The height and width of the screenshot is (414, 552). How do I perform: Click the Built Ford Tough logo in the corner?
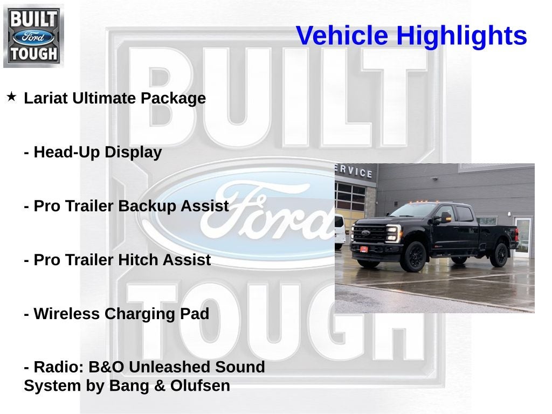(x=33, y=36)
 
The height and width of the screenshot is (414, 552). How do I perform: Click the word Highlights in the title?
(x=461, y=36)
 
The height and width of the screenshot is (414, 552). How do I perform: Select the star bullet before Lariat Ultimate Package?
(x=11, y=97)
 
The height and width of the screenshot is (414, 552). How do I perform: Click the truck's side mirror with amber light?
(x=445, y=217)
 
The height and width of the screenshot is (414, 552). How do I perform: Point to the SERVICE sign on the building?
(x=354, y=171)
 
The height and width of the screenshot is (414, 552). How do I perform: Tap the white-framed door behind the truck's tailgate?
(x=522, y=236)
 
